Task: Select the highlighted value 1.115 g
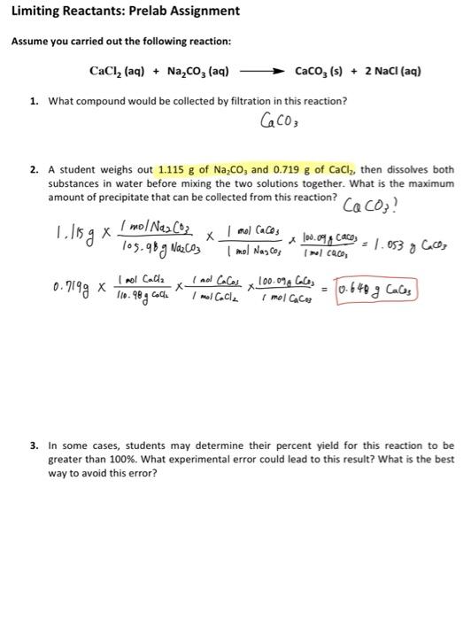tap(176, 169)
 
